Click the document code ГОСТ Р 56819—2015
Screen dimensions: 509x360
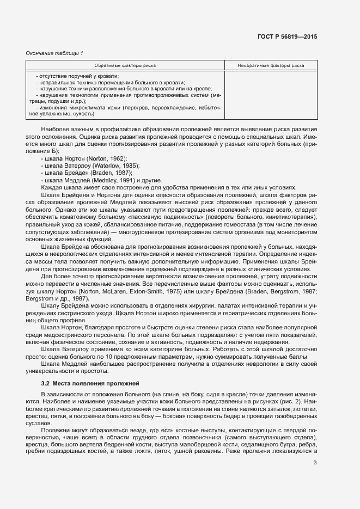(x=286, y=36)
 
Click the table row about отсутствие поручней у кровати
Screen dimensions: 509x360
(x=78, y=76)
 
